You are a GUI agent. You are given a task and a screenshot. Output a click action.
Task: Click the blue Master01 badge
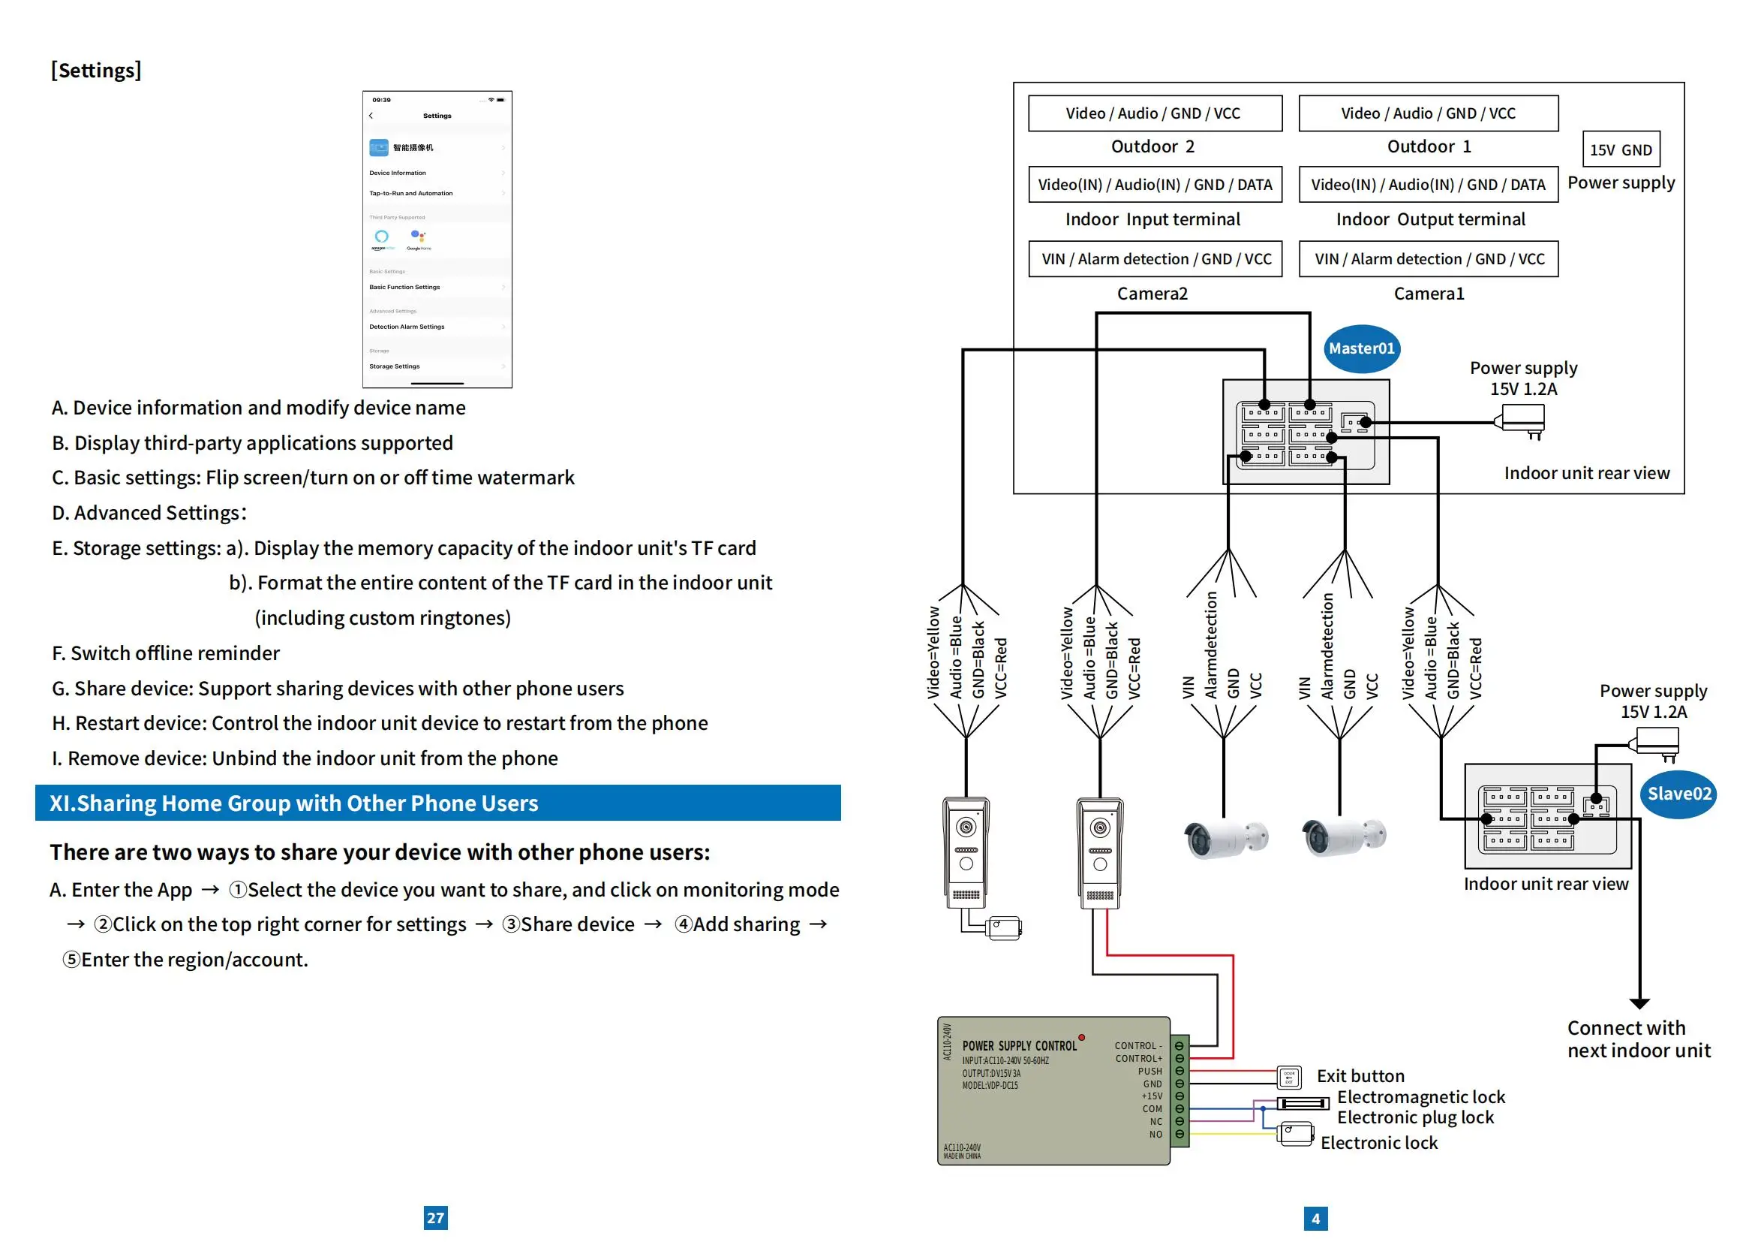coord(1360,348)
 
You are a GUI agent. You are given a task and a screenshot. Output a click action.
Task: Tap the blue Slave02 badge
coord(1678,794)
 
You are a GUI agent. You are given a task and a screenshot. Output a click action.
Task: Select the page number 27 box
coord(436,1217)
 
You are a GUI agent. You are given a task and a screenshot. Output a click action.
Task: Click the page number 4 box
coord(1315,1218)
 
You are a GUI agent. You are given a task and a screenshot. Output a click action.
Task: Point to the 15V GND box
coord(1621,150)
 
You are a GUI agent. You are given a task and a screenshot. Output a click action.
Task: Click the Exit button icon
coord(1290,1078)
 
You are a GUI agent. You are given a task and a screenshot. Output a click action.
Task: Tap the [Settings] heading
coord(96,71)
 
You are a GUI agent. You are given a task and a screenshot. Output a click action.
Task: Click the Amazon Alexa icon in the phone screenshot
coord(382,238)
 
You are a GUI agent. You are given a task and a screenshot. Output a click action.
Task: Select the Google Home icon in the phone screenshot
coord(418,238)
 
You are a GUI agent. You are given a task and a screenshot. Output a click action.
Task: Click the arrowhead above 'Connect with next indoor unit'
coord(1639,1003)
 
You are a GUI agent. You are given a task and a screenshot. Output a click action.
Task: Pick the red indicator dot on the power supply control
coord(1082,1038)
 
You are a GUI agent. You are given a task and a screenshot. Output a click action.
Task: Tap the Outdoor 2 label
coord(1152,146)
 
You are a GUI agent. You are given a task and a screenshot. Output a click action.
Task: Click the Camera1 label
coord(1429,294)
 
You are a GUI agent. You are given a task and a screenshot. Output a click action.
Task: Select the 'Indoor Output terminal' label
coord(1430,219)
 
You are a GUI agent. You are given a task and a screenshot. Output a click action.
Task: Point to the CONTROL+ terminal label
coord(1138,1059)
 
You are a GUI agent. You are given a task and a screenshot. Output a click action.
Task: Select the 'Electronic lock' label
coord(1379,1143)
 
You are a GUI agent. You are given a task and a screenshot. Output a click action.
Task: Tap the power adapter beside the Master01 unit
coord(1522,419)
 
